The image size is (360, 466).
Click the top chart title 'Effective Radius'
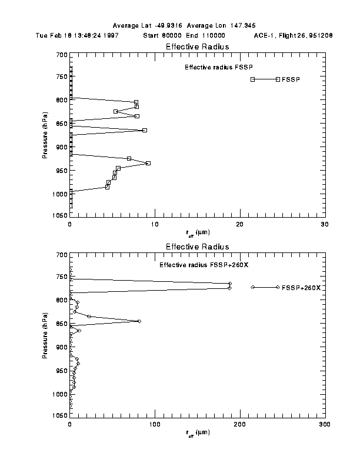(197, 46)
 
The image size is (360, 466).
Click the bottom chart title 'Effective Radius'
(197, 247)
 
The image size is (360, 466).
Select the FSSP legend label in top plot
(291, 79)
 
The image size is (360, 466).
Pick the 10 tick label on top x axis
(155, 224)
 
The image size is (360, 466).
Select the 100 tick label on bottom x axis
(155, 424)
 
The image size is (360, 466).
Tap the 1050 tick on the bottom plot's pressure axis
(59, 416)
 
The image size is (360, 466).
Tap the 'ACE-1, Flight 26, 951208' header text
(294, 35)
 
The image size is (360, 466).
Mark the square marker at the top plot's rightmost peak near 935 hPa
(148, 163)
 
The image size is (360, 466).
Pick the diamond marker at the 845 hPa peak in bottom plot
(139, 321)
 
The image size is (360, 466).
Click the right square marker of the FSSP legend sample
(278, 79)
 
